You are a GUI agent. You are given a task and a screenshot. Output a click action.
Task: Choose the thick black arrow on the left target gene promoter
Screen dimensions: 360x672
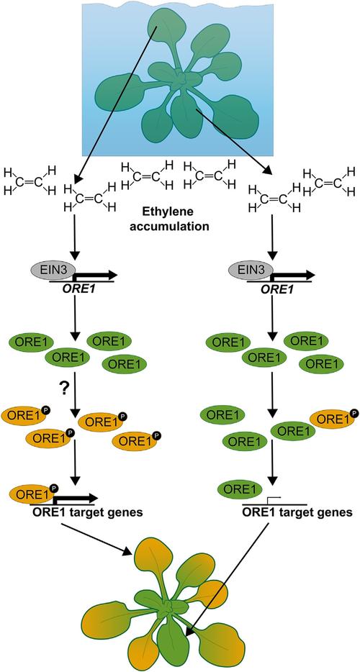coord(76,498)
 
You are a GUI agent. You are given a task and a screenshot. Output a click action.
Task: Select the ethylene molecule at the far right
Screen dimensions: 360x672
coord(329,181)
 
